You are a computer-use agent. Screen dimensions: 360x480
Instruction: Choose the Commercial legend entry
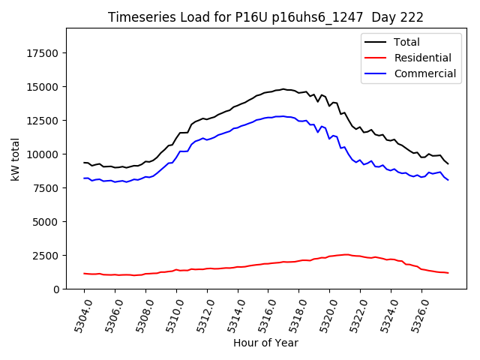tap(424, 73)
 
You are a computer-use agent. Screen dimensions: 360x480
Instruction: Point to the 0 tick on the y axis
tap(57, 289)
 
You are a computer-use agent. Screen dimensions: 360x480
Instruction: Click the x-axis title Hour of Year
tap(265, 343)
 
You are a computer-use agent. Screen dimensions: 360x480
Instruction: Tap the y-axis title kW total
tap(15, 159)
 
